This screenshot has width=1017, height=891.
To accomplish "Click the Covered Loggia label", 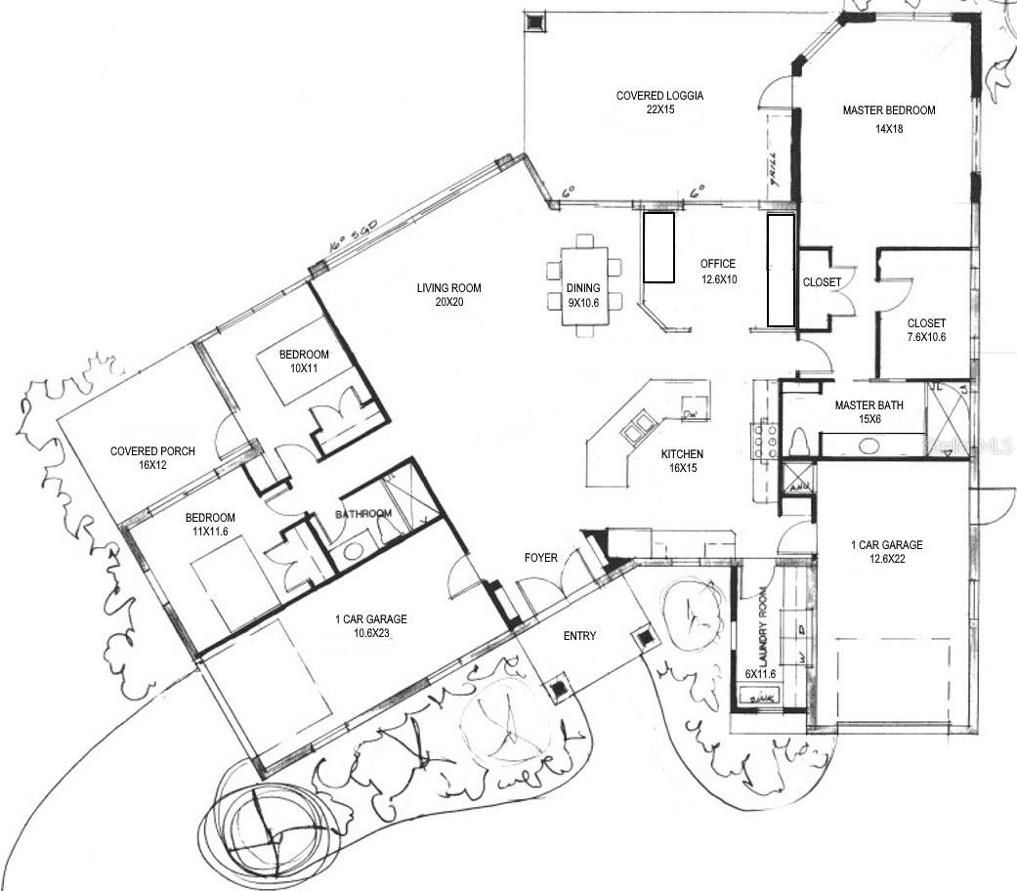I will click(659, 103).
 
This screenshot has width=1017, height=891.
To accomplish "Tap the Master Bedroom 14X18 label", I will click(889, 118).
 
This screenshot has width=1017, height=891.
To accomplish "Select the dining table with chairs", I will click(584, 285).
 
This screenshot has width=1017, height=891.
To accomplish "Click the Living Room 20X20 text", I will click(448, 295).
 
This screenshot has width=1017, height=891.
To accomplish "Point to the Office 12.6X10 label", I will click(717, 272).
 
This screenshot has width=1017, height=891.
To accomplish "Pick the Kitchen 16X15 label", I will click(681, 462).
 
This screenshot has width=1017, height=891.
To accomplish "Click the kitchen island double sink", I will click(640, 425).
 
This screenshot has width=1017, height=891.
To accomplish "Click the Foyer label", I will click(540, 558).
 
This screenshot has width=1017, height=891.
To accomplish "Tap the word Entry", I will click(579, 636).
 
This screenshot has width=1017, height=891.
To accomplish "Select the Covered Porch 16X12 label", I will click(152, 458).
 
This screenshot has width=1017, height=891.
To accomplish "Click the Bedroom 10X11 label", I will click(304, 361).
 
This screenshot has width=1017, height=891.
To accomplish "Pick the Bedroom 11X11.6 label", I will click(213, 525).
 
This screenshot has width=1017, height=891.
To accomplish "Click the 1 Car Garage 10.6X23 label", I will click(370, 626).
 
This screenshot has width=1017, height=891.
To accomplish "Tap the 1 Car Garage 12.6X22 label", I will click(886, 553).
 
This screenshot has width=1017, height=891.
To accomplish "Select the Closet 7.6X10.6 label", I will click(926, 330).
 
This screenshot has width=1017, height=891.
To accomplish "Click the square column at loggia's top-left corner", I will click(536, 21).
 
